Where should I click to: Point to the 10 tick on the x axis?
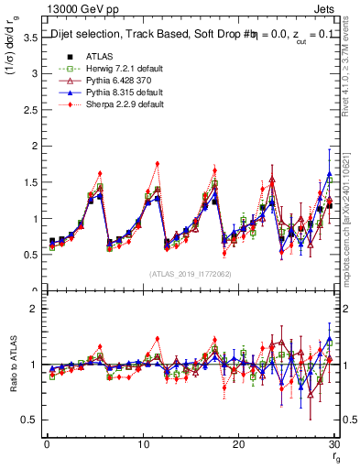[142, 443]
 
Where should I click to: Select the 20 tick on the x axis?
[238, 443]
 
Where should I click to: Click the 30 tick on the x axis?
[334, 443]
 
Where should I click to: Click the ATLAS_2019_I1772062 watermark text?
[191, 274]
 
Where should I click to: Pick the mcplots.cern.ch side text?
[353, 220]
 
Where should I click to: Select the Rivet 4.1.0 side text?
[353, 81]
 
